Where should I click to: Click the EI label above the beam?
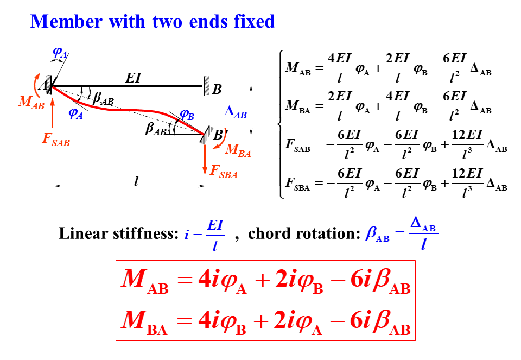133,78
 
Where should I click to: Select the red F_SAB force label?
56,141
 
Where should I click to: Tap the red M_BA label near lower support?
238,151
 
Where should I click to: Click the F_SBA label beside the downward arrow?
223,173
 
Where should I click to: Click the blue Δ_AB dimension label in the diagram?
236,113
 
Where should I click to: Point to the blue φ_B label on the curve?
187,115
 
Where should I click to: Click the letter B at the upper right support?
217,89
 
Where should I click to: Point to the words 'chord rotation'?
302,234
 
